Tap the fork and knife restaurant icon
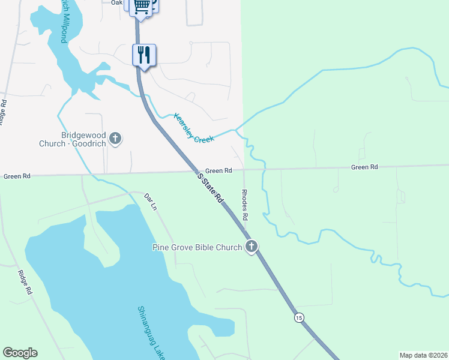pos(144,55)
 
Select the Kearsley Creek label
pos(194,128)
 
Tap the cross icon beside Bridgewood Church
pos(116,139)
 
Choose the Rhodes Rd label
pos(245,203)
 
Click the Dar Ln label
pos(150,201)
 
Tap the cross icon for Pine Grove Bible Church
pos(251,247)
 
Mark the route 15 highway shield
pos(298,317)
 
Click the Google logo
pos(20,353)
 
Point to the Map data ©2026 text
pos(423,355)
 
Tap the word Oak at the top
pos(116,3)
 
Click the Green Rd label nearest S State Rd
pos(218,171)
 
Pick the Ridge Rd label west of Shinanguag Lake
pos(25,281)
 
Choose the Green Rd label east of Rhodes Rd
pos(364,167)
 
